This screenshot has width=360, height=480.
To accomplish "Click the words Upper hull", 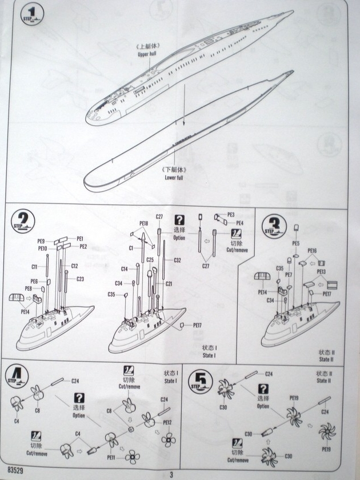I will click(146, 54).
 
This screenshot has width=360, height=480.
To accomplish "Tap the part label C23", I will click(80, 279).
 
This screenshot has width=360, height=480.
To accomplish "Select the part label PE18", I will click(143, 223).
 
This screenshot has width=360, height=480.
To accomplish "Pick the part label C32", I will click(177, 260).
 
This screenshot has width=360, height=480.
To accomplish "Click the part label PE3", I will click(231, 215).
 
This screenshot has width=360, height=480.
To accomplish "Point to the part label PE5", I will click(295, 243).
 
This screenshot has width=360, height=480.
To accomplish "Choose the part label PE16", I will click(312, 251).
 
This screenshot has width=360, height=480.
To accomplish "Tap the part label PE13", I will click(321, 271).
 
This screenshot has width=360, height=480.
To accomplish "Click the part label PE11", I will click(111, 458).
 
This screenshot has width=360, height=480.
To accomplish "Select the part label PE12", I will click(167, 423).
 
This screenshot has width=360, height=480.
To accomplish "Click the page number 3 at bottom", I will click(170, 473).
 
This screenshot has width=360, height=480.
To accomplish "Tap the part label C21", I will click(169, 284).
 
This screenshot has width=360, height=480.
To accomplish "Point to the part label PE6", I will click(34, 282).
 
